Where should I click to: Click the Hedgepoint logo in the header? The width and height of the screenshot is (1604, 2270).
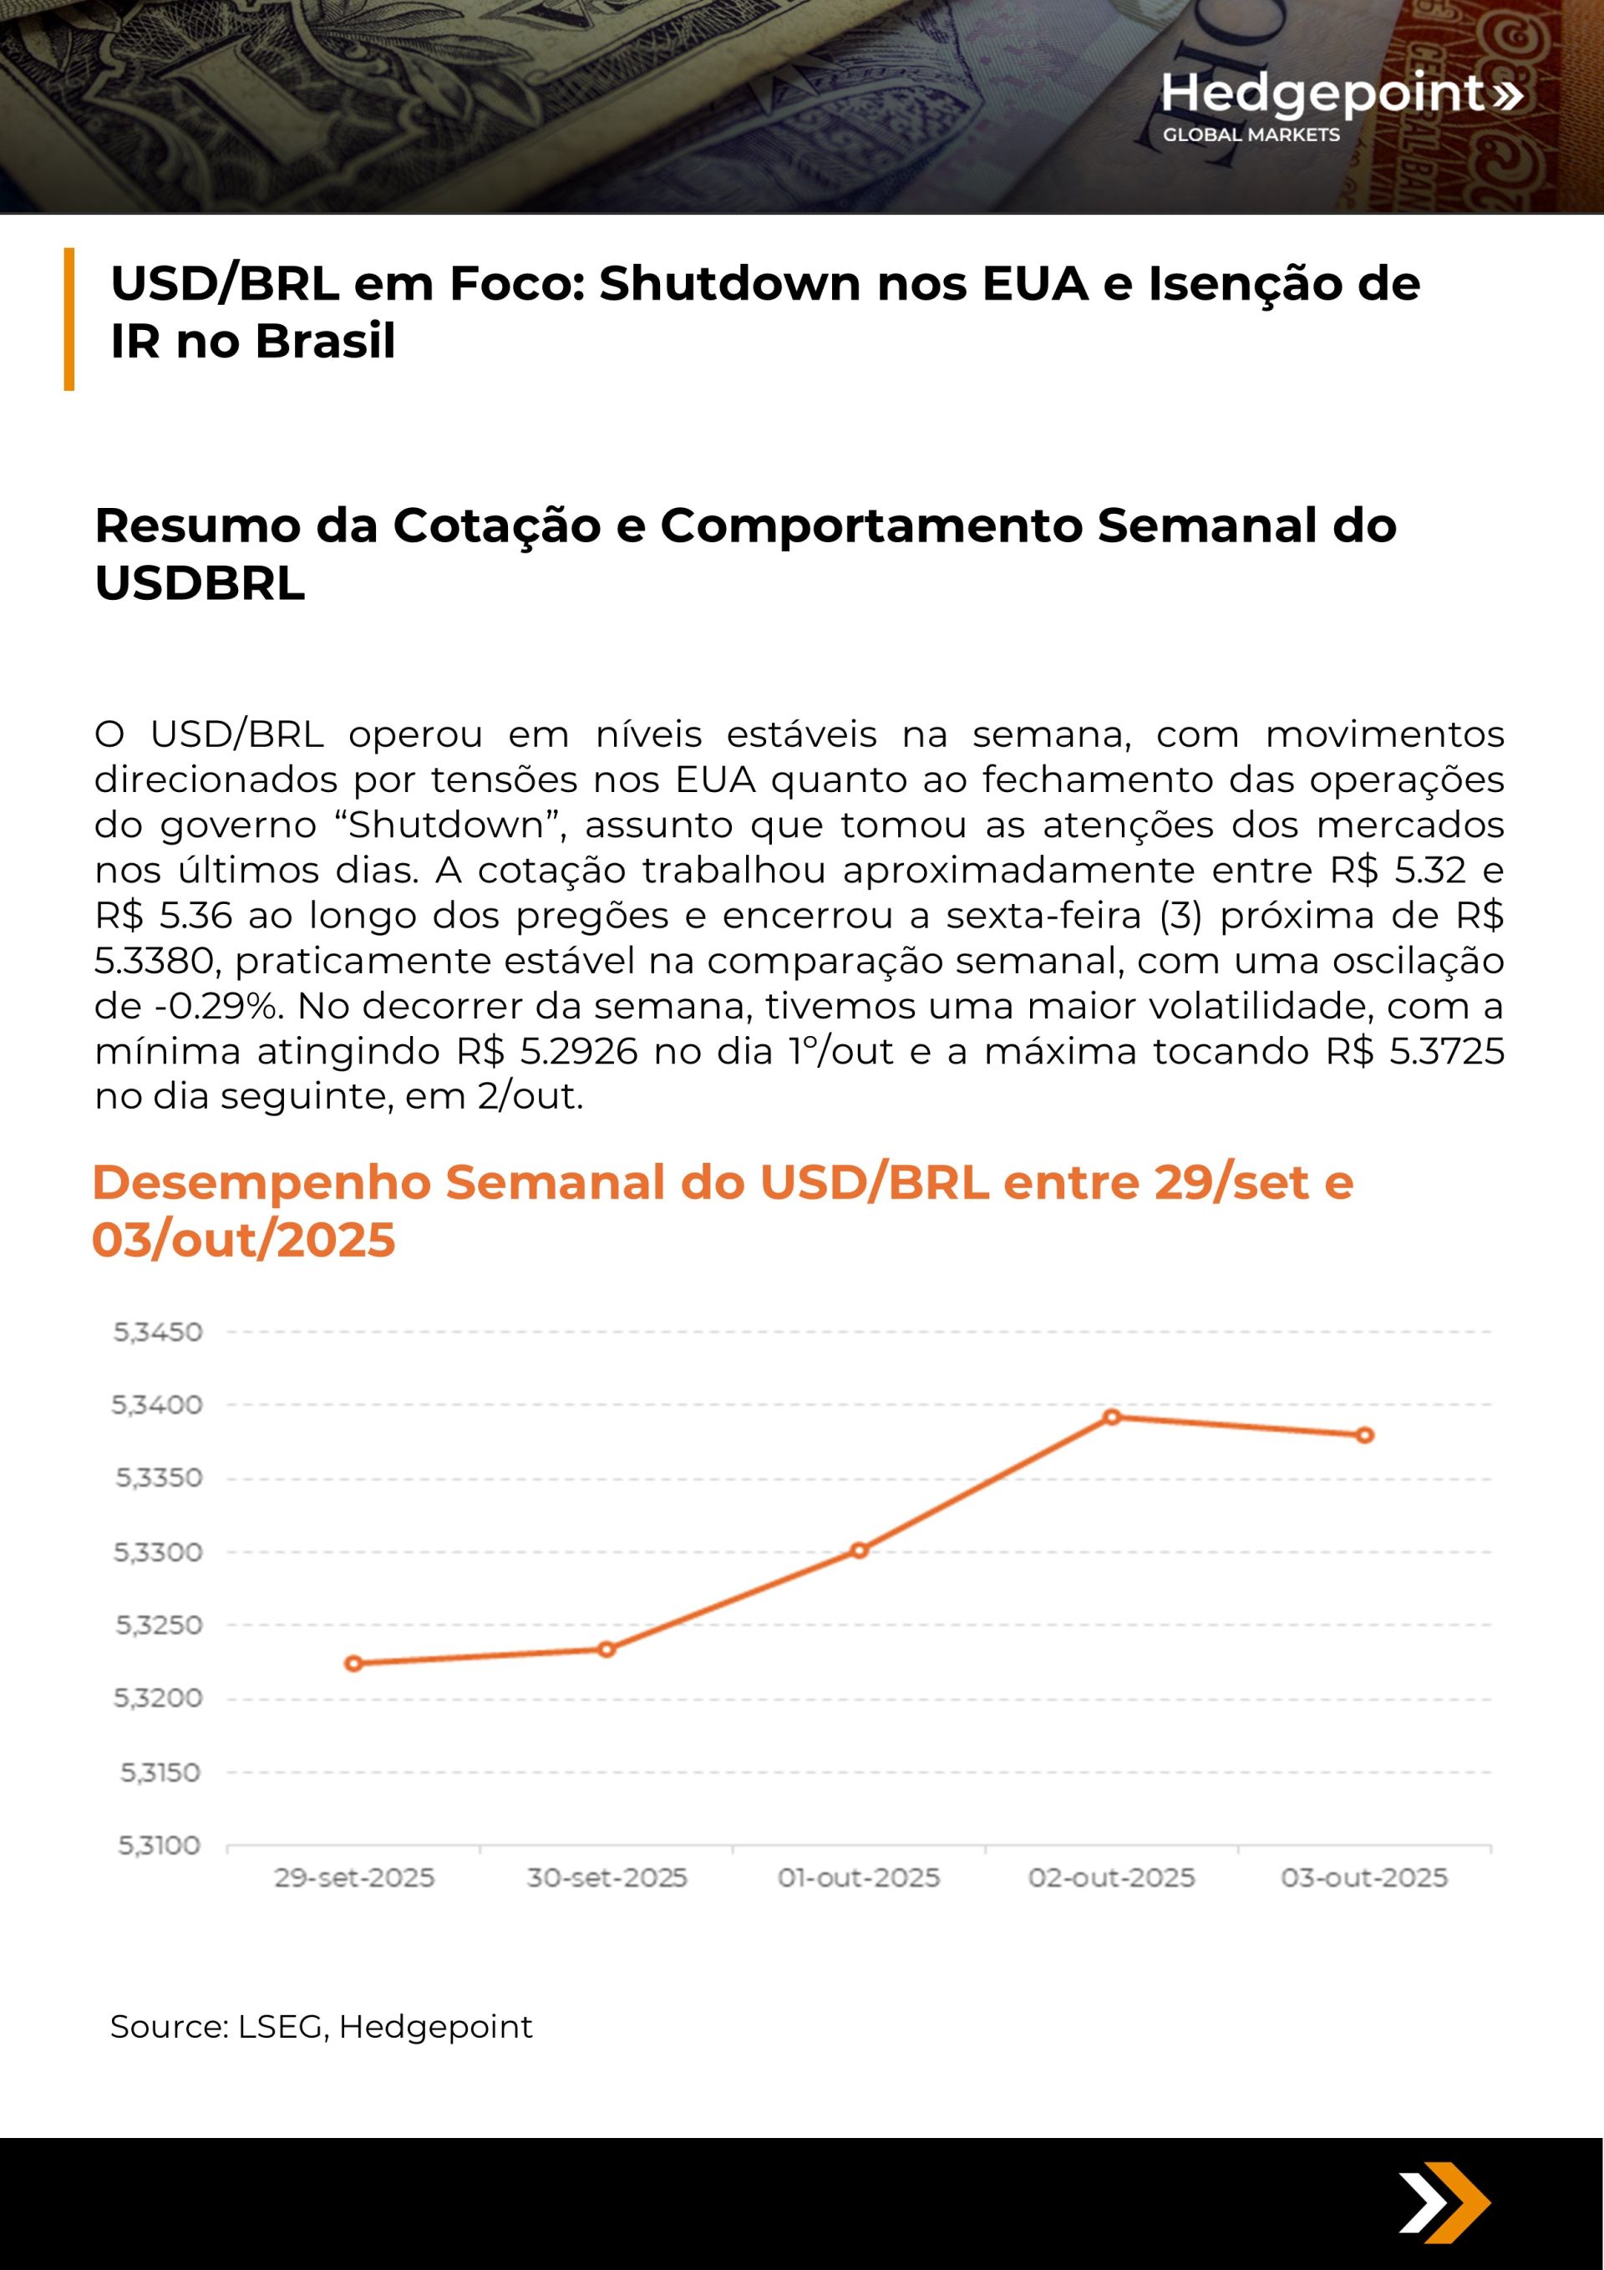(1340, 104)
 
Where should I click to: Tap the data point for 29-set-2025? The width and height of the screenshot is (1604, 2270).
(353, 1663)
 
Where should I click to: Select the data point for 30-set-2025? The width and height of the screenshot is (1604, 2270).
(607, 1649)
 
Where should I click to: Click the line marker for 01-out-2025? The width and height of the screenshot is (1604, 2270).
(860, 1551)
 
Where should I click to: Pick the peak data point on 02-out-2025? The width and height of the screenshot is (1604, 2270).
(1112, 1417)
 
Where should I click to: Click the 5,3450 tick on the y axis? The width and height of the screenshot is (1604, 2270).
(158, 1332)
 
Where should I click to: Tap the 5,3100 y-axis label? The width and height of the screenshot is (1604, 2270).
(160, 1845)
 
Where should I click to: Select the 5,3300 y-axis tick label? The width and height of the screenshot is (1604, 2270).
(158, 1551)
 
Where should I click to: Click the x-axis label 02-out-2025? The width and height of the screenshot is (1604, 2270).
(1112, 1877)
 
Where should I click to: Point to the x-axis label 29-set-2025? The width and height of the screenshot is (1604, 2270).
(354, 1877)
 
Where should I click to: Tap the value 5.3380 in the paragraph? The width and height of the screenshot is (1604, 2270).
(156, 960)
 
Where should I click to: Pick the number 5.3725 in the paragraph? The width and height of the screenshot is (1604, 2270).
(1447, 1050)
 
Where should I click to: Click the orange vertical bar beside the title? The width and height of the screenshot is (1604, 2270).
(69, 318)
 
